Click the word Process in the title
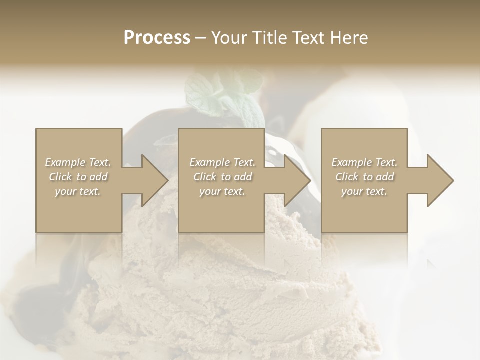[x=157, y=38]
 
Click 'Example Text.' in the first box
[x=78, y=162]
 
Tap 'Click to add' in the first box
[x=78, y=177]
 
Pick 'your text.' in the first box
[x=78, y=191]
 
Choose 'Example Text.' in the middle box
[x=222, y=162]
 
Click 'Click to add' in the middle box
[x=222, y=177]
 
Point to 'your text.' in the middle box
[x=222, y=191]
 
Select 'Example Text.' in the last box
[x=364, y=162]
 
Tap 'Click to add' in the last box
[x=364, y=177]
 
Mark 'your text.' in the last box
[x=364, y=191]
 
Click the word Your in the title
[x=228, y=38]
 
